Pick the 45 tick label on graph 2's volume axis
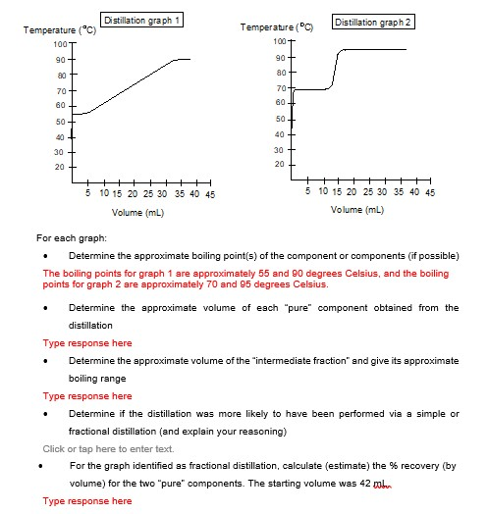[429, 193]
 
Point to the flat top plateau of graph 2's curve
[378, 49]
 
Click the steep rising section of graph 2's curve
[336, 71]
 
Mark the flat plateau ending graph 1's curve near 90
[182, 59]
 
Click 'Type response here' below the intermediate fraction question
[87, 396]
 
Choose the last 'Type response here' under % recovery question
[87, 501]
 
